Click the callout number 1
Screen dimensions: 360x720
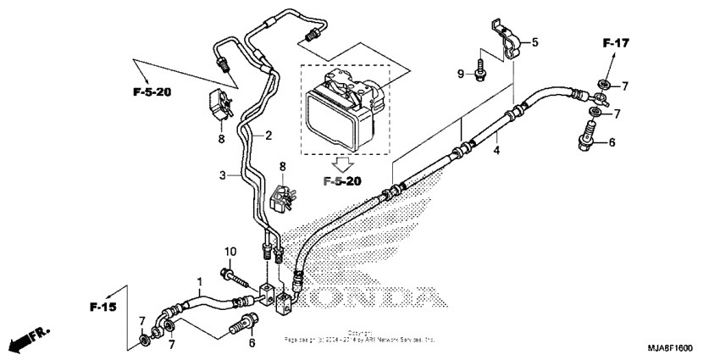pyautogui.click(x=199, y=281)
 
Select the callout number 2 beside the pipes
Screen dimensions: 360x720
pyautogui.click(x=268, y=135)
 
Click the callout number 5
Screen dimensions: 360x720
pyautogui.click(x=534, y=42)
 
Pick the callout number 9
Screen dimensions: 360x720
pyautogui.click(x=461, y=75)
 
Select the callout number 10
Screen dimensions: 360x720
pyautogui.click(x=229, y=252)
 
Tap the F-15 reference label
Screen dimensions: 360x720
pyautogui.click(x=104, y=304)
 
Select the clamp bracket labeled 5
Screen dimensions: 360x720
pyautogui.click(x=506, y=41)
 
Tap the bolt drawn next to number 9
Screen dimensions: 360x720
pyautogui.click(x=480, y=65)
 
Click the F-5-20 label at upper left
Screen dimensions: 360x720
pyautogui.click(x=152, y=92)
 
